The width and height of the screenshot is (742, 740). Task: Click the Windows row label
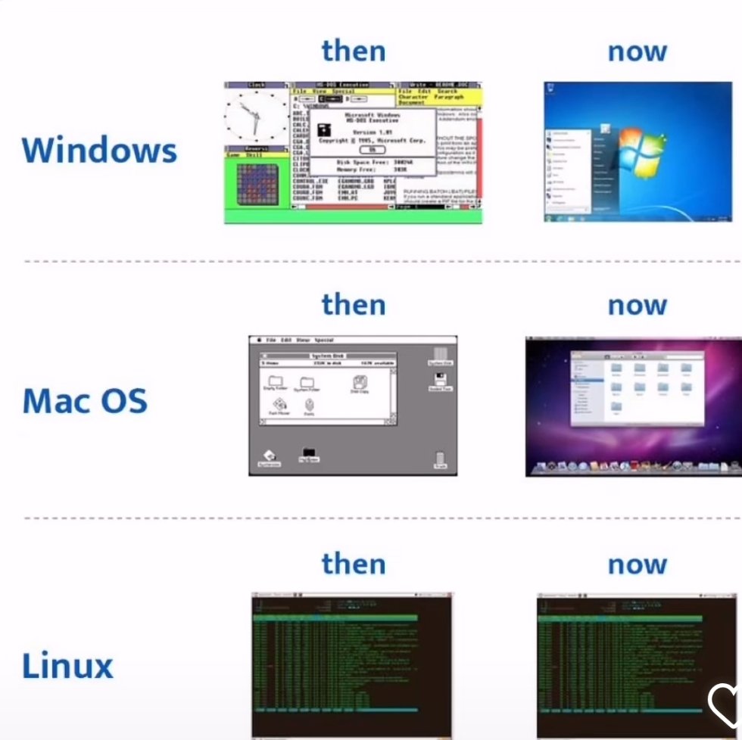(99, 149)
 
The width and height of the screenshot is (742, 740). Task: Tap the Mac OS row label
(85, 400)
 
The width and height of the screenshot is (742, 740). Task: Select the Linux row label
(67, 666)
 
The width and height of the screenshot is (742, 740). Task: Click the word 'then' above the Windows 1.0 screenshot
(354, 51)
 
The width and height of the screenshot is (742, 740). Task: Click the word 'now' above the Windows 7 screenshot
(637, 51)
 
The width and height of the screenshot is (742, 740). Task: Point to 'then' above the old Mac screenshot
(354, 304)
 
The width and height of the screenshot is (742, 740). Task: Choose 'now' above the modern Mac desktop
(637, 305)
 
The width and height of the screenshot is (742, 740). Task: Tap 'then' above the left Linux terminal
(354, 564)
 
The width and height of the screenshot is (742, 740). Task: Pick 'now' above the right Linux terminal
(637, 564)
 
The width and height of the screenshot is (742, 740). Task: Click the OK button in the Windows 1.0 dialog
(372, 150)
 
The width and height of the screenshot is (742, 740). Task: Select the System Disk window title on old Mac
(328, 355)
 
